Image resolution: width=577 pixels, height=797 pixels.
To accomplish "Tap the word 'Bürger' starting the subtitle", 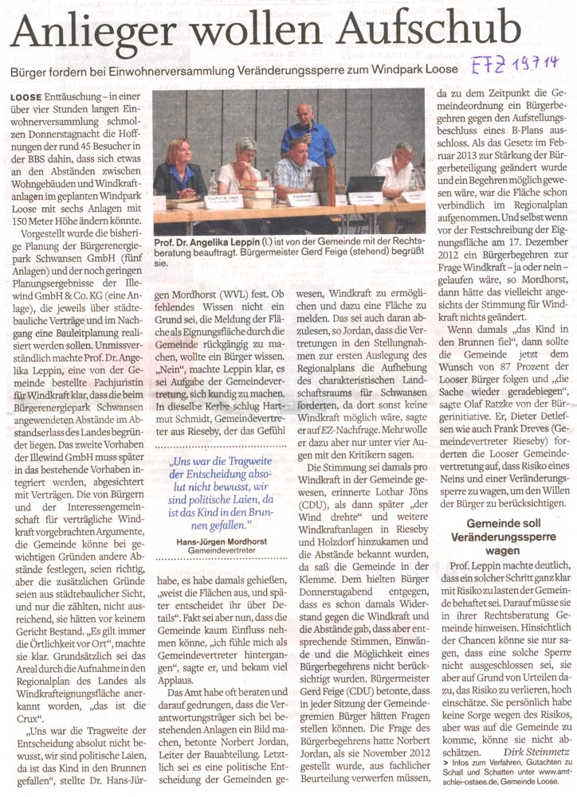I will point(31,70).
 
